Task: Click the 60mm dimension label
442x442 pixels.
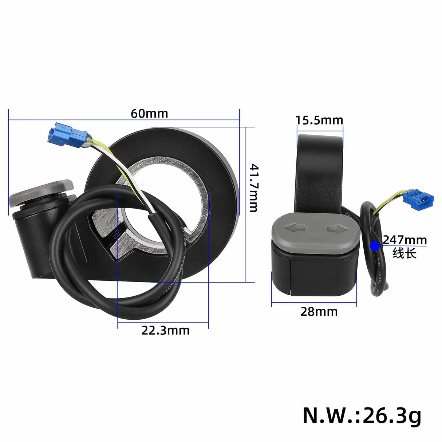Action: [x=149, y=114]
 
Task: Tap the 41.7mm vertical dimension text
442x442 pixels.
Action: [x=254, y=188]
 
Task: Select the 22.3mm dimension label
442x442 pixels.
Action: [x=165, y=330]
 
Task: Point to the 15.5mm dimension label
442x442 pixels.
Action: [x=319, y=120]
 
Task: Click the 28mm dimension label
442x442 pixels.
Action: [x=319, y=312]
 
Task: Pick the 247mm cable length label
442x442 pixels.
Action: [x=404, y=240]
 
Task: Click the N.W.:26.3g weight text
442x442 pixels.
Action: [x=362, y=415]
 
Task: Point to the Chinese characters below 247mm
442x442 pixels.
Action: [x=404, y=253]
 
